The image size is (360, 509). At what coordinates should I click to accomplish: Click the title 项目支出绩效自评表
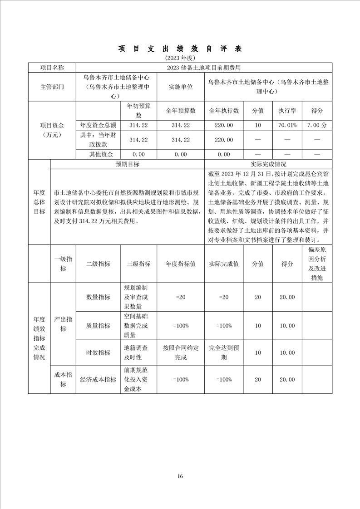[180, 49]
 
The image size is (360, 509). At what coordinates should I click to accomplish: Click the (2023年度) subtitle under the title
[180, 58]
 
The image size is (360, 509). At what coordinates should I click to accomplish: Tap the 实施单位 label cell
[181, 86]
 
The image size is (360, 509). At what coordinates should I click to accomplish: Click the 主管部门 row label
[52, 86]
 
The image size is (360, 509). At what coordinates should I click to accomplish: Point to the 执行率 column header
[287, 111]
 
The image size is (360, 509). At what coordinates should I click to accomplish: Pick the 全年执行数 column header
[224, 111]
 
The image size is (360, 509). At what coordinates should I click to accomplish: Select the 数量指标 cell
[98, 297]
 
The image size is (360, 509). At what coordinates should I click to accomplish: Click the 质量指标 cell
[98, 326]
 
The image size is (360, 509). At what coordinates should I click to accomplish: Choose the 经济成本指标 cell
[98, 380]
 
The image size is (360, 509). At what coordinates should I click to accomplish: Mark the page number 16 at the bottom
[180, 476]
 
